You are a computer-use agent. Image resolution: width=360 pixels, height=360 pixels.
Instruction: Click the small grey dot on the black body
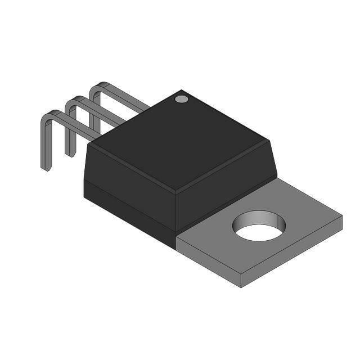(181, 99)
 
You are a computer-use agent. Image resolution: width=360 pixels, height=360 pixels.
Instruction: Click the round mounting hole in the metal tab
(259, 226)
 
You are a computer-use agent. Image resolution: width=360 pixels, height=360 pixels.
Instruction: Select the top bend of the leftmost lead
(49, 114)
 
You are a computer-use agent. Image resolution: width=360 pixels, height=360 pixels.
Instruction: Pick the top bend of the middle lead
(73, 101)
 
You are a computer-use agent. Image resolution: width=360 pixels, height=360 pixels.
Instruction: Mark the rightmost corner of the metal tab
(342, 216)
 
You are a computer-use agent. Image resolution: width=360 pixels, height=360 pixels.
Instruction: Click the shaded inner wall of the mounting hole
(259, 218)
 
